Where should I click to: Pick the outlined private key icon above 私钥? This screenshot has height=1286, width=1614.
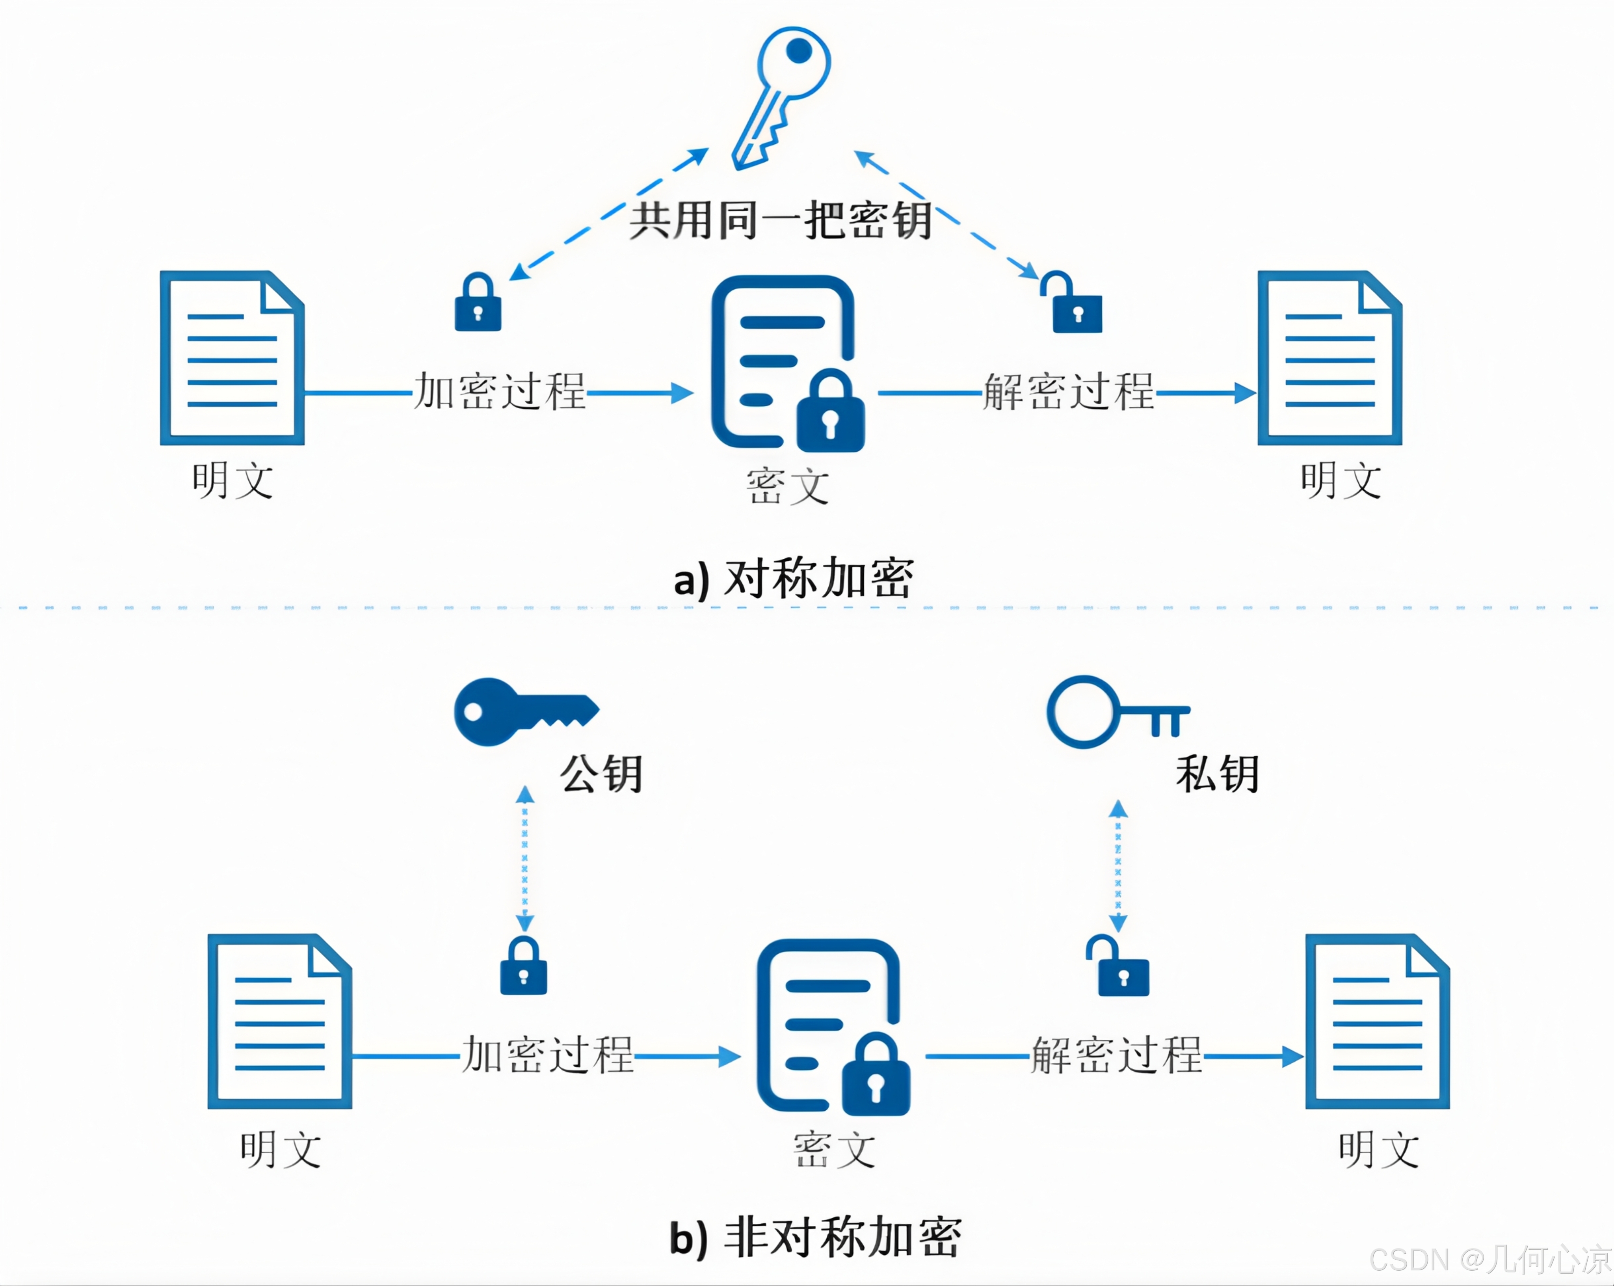[1116, 711]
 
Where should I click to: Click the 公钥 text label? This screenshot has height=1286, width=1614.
[601, 773]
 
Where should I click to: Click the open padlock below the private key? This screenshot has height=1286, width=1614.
[1119, 967]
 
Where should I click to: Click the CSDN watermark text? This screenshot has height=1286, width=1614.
[1490, 1260]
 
